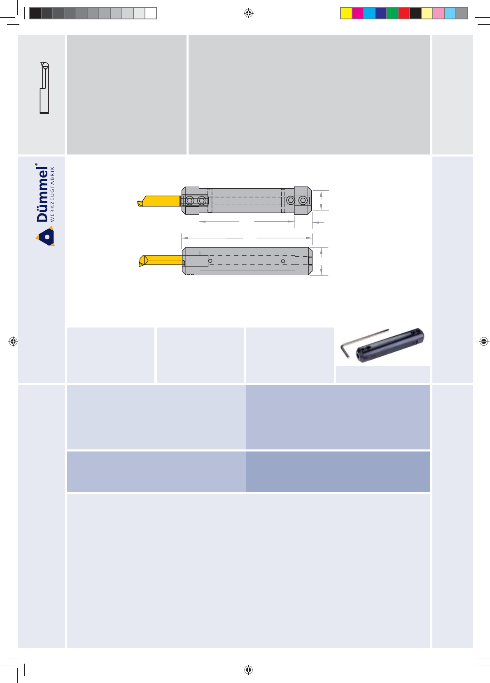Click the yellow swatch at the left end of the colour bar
point(346,13)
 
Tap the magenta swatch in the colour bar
point(358,13)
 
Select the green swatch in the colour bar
point(392,13)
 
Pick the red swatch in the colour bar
point(404,13)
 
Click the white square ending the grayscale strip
point(151,13)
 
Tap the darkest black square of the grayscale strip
point(35,13)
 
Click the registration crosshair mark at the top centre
point(249,13)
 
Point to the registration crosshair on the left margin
point(13,341)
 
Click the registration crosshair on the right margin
point(483,341)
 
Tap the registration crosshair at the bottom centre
point(249,669)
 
